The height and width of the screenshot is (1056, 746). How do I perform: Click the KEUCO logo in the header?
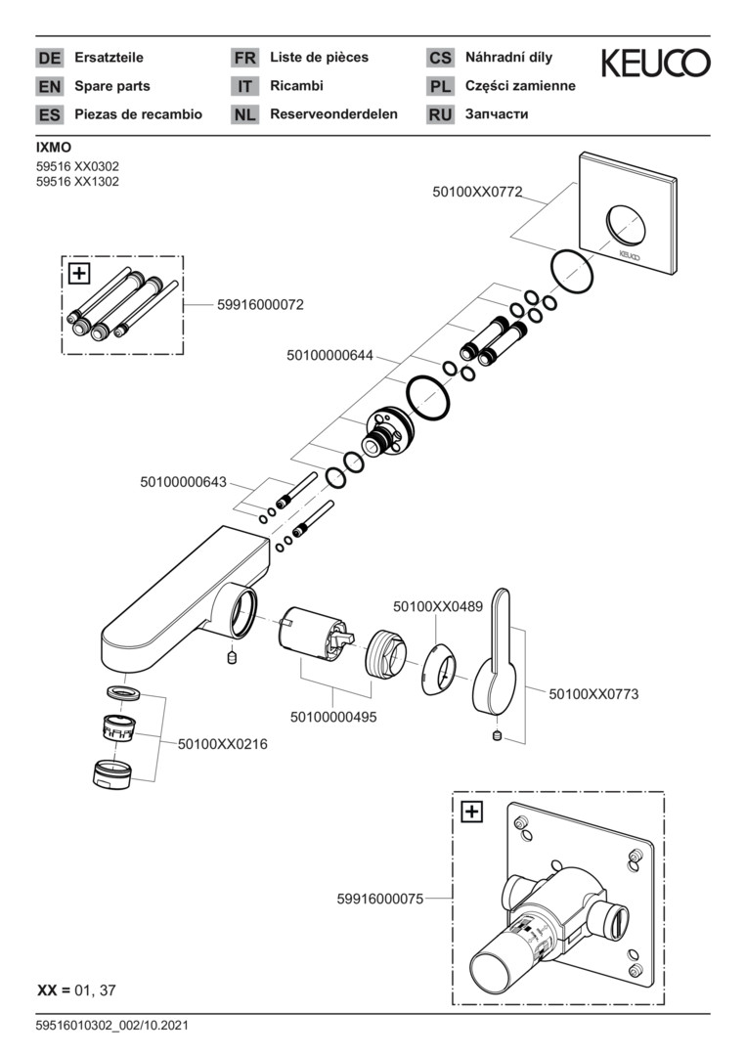click(655, 64)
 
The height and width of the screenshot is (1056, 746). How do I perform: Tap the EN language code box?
click(49, 86)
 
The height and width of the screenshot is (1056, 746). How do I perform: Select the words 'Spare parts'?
click(112, 86)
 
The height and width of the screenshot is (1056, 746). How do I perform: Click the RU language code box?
click(440, 114)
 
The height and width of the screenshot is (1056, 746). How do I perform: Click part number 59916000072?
click(260, 305)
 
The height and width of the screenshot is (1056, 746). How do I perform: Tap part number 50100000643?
click(184, 482)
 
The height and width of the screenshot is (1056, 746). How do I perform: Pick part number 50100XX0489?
click(438, 607)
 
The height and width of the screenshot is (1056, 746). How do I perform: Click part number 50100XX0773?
click(593, 694)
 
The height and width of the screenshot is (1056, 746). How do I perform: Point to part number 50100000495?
click(333, 717)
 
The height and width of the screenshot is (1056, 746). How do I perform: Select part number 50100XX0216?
click(223, 744)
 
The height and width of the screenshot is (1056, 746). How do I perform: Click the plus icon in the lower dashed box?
click(471, 811)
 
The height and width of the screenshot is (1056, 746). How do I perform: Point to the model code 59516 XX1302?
click(77, 182)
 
